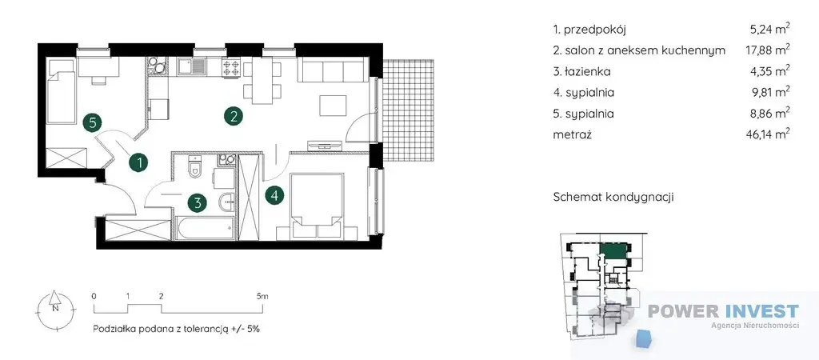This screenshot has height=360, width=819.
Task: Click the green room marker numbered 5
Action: click(92, 123)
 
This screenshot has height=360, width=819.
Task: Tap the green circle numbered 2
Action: click(234, 116)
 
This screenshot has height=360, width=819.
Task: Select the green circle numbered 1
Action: click(139, 162)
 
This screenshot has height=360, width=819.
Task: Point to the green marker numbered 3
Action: click(197, 202)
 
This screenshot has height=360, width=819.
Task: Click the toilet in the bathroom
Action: click(196, 166)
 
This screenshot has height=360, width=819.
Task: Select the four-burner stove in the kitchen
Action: click(231, 67)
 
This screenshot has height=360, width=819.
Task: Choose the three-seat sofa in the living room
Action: click(331, 70)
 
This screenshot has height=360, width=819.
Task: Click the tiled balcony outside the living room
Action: click(409, 110)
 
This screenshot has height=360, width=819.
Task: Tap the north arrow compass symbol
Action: click(54, 310)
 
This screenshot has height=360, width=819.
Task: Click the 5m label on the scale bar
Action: click(262, 296)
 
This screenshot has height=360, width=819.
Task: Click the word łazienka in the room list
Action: click(588, 71)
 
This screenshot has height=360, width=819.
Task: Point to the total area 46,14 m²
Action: click(767, 135)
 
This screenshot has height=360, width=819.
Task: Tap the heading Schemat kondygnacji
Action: click(613, 197)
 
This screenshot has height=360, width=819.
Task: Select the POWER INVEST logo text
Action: click(723, 311)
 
